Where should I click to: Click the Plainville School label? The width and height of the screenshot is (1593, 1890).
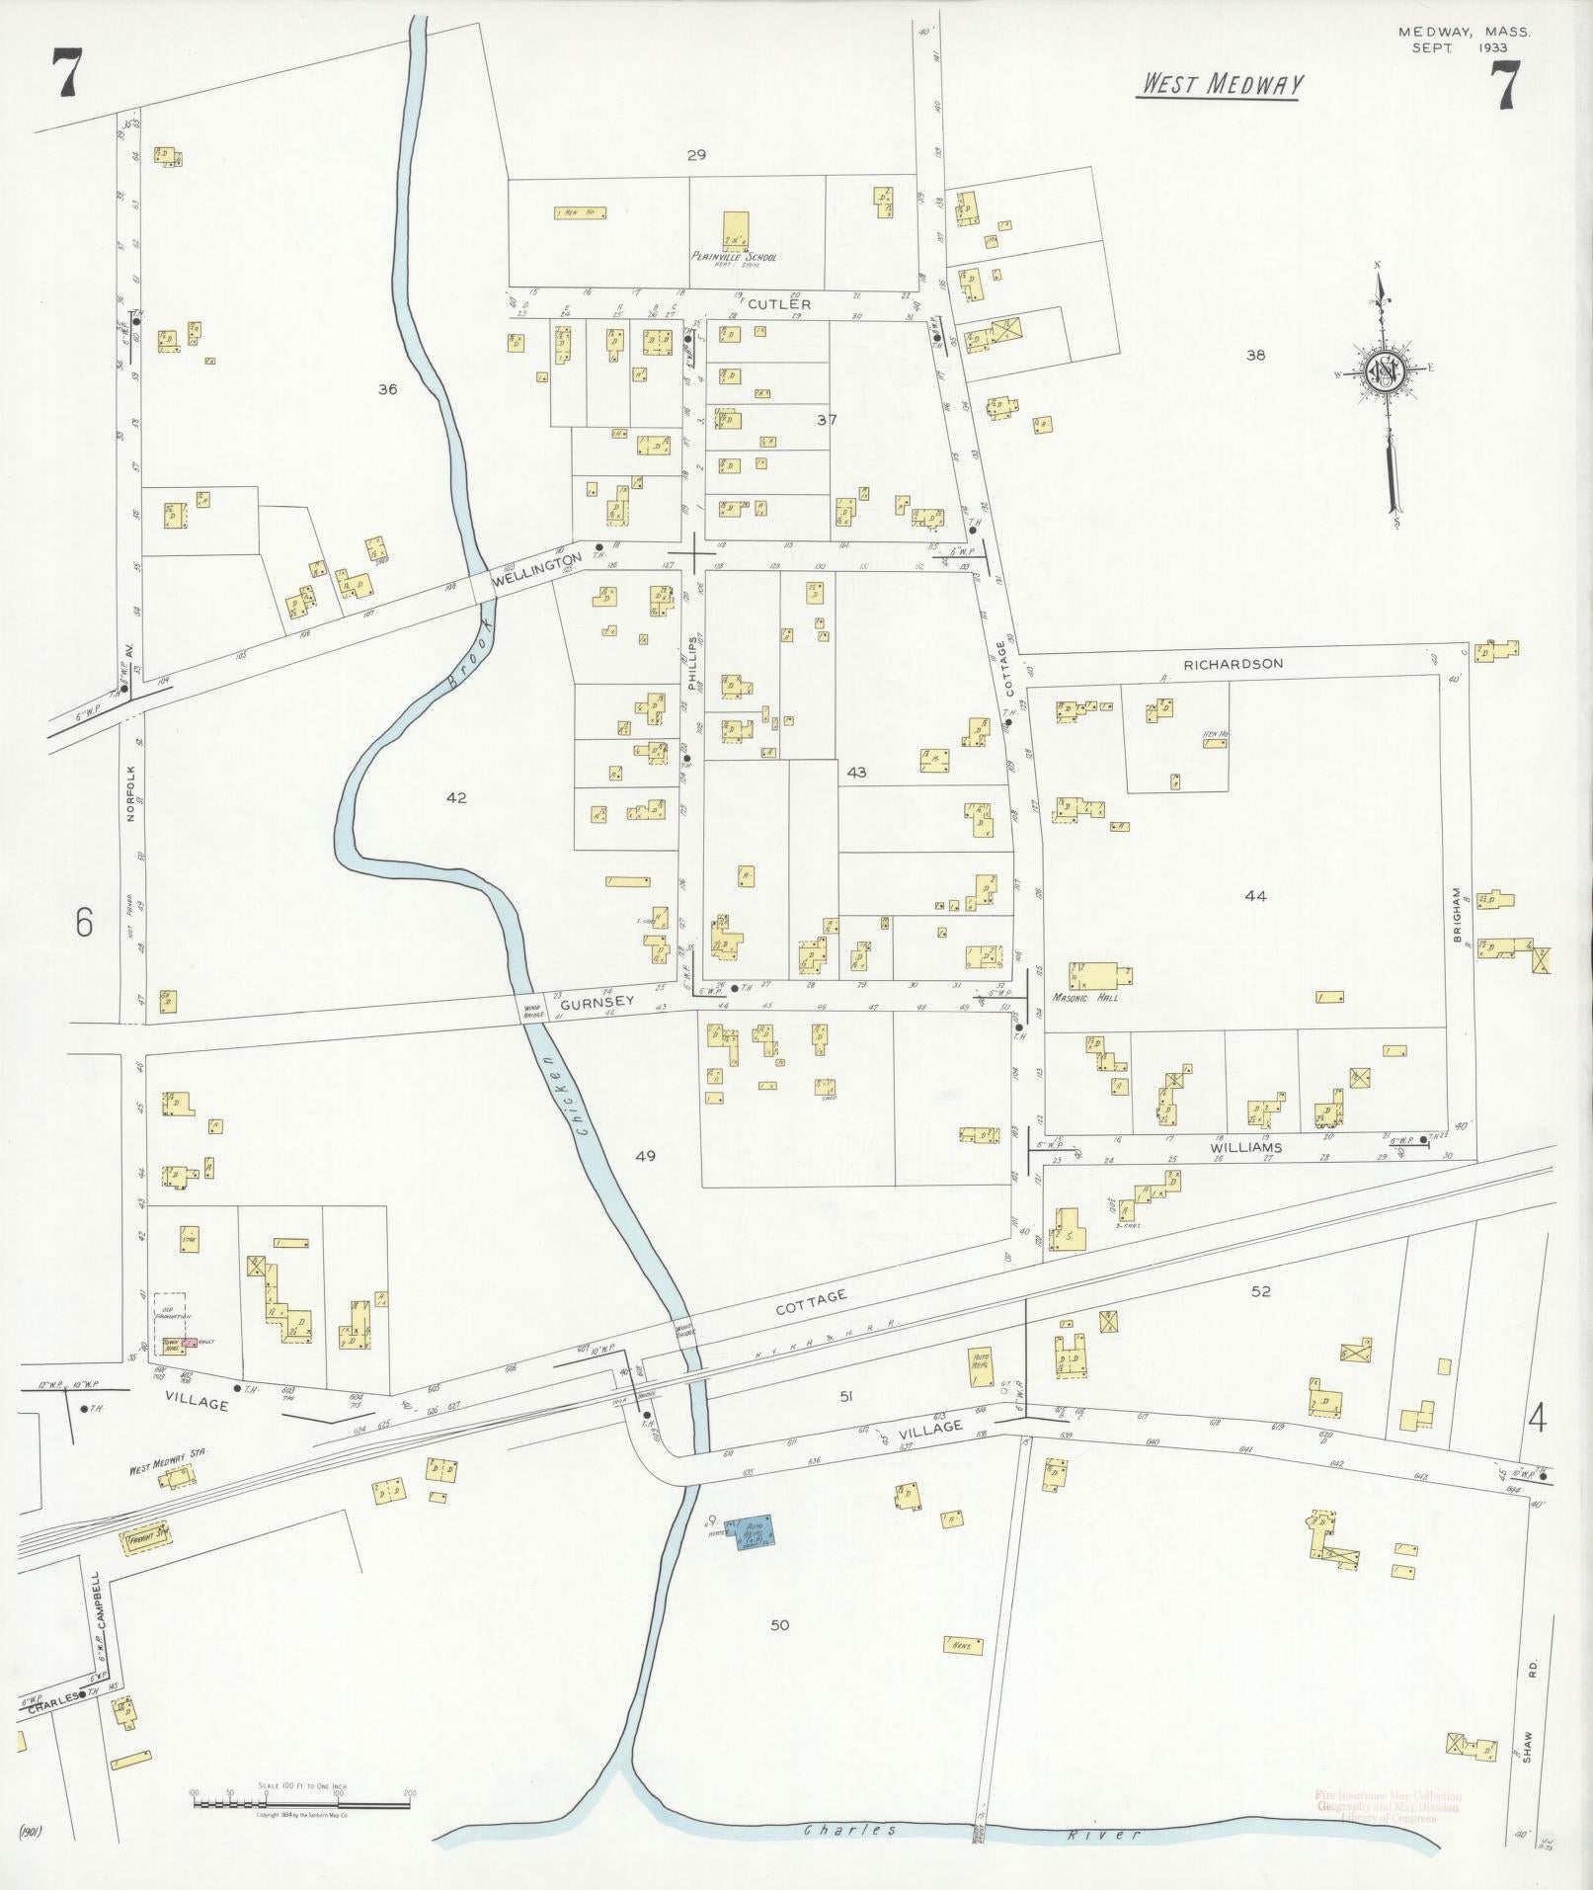click(734, 257)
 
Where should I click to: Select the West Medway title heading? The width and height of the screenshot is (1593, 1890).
click(1222, 85)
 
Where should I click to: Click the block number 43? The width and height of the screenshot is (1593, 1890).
click(855, 773)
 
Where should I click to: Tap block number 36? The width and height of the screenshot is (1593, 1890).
click(387, 389)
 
